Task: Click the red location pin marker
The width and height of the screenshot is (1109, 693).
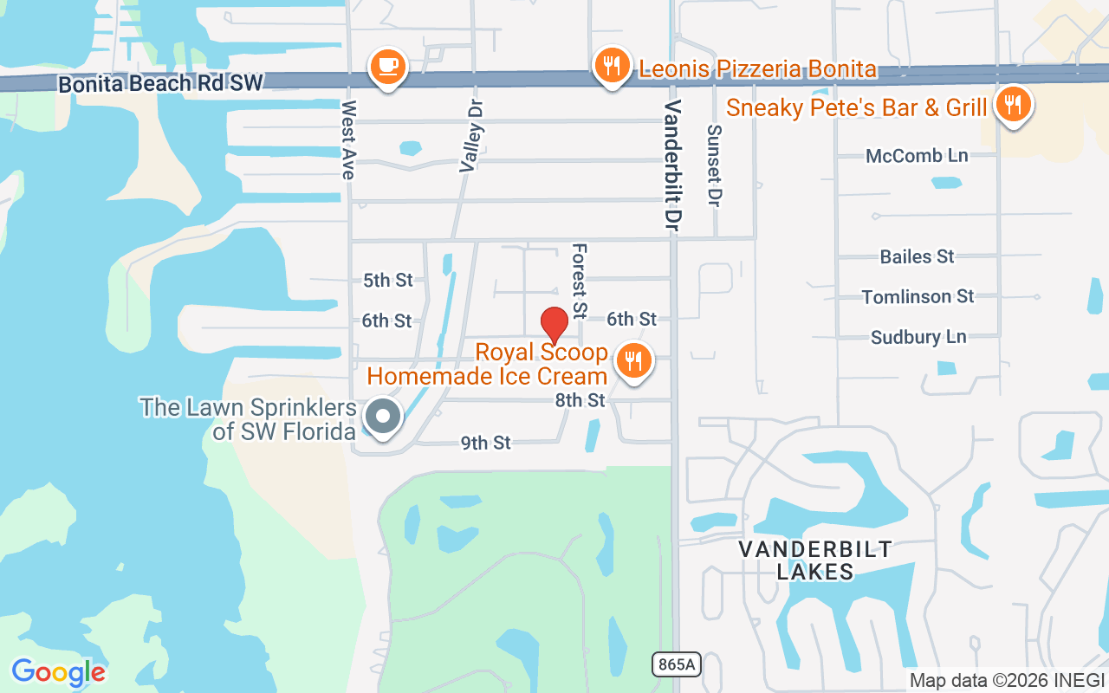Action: [554, 326]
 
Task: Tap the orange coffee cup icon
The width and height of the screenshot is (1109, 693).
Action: [387, 66]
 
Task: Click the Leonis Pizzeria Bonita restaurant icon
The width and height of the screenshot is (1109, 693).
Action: [612, 66]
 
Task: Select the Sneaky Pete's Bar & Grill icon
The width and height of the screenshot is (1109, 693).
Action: [1011, 106]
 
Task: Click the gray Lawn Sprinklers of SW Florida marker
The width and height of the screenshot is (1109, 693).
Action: [382, 417]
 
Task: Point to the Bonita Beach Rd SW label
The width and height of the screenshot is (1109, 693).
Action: [160, 84]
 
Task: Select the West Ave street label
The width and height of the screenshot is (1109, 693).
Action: [348, 139]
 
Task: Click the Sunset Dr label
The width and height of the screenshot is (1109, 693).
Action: [714, 165]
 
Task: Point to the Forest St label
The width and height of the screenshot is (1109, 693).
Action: [579, 280]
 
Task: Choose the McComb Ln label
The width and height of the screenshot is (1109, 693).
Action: [917, 156]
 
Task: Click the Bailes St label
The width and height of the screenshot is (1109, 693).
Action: [917, 256]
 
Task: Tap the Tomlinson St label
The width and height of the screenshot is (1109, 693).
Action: [918, 296]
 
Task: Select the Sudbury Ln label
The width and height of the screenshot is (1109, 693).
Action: [918, 337]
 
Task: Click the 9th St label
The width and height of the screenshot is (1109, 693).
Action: [485, 443]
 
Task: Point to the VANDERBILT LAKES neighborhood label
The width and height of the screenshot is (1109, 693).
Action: [815, 560]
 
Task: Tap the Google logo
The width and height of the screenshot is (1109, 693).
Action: [58, 672]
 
